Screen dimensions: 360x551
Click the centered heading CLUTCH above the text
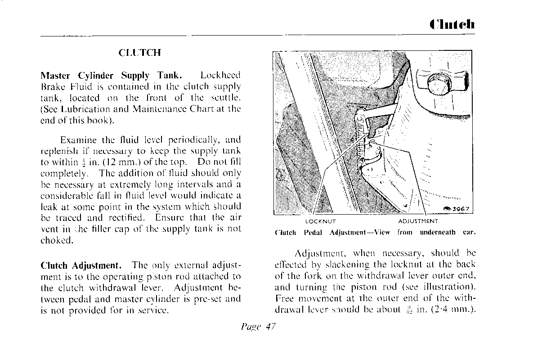[x=139, y=53]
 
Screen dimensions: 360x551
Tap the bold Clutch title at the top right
[x=451, y=24]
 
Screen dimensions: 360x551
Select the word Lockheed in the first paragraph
[x=220, y=75]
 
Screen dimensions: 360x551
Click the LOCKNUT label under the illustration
[x=321, y=221]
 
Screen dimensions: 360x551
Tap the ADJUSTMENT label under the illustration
[x=418, y=221]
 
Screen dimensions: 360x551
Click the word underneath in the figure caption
[x=437, y=233]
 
